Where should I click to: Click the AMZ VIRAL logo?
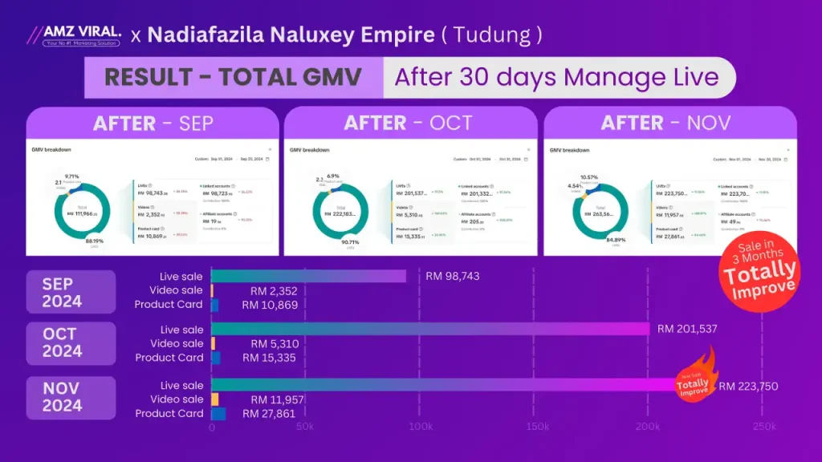pyautogui.click(x=74, y=35)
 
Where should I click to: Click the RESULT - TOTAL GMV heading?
pyautogui.click(x=233, y=78)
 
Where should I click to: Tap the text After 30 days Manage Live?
pyautogui.click(x=556, y=78)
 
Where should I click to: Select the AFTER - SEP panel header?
pyautogui.click(x=153, y=124)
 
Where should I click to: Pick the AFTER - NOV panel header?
pyautogui.click(x=666, y=124)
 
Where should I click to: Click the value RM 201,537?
pyautogui.click(x=687, y=329)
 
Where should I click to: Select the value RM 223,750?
pyautogui.click(x=748, y=386)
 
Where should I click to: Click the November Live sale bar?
pyautogui.click(x=442, y=386)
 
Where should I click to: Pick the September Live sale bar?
pyautogui.click(x=308, y=276)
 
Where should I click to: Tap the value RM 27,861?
pyautogui.click(x=269, y=414)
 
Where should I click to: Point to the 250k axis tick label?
pyautogui.click(x=764, y=428)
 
